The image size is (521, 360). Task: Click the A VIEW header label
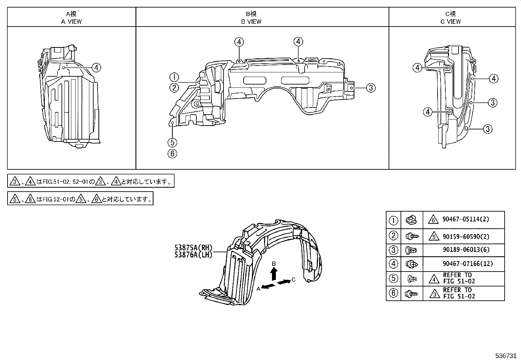tap(71, 22)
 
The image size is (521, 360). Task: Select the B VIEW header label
tap(251, 22)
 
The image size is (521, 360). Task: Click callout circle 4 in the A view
tap(96, 68)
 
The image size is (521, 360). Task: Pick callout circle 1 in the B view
tap(174, 78)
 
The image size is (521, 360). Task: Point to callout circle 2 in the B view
tap(174, 87)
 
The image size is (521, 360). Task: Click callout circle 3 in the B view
tap(370, 88)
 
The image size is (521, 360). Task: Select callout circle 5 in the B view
tap(172, 142)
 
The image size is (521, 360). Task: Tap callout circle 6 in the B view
tap(172, 153)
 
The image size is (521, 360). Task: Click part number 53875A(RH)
tap(193, 248)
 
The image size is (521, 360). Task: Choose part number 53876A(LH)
tap(193, 255)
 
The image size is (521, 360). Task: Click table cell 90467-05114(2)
tap(466, 219)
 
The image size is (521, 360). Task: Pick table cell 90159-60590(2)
tap(466, 236)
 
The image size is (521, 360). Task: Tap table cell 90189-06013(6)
tap(466, 250)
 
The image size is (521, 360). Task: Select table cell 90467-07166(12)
tap(468, 263)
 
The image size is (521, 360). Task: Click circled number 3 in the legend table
tap(393, 250)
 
